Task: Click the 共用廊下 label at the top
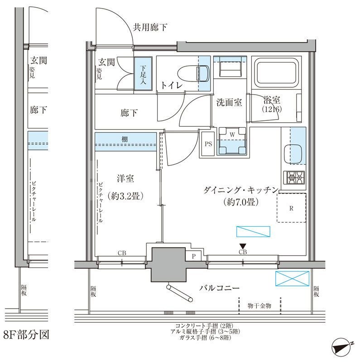(149, 28)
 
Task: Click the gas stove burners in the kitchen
(294, 178)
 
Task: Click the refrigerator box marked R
(292, 208)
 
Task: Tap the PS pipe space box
(208, 145)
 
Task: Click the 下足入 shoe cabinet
(143, 74)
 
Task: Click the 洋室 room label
(123, 179)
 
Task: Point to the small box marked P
(194, 256)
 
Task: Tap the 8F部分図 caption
(25, 335)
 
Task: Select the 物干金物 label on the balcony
(259, 306)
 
